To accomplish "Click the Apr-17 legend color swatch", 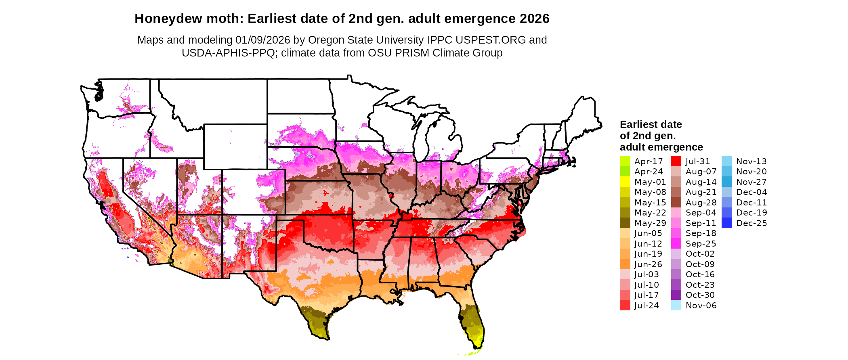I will [625, 161].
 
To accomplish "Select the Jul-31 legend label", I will [697, 161].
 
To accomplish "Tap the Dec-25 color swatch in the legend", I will [726, 223].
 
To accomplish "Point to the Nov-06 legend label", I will [701, 306].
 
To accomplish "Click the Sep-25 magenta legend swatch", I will [676, 244].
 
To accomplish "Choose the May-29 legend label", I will [650, 223].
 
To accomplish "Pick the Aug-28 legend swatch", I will [676, 203].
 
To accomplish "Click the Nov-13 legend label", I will [751, 161].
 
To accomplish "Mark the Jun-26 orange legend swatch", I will [625, 264].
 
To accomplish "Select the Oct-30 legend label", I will [700, 295].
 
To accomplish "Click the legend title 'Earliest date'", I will [651, 124].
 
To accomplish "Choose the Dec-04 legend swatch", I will [726, 192].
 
